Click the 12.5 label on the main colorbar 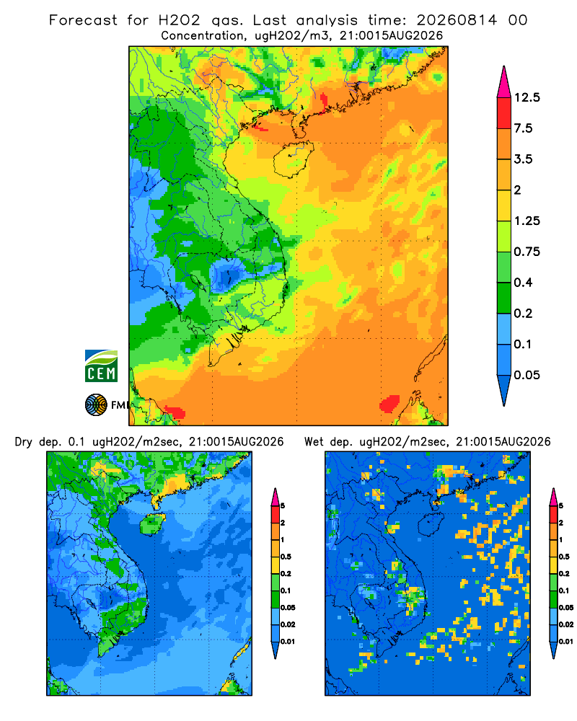(527, 97)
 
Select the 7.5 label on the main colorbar (523, 128)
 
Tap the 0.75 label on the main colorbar (527, 252)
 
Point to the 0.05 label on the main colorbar (527, 375)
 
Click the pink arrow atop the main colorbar (504, 81)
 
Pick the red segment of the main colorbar (504, 113)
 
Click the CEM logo (101, 366)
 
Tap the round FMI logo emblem (96, 405)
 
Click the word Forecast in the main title (83, 20)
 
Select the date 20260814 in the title (457, 20)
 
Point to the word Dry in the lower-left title (24, 442)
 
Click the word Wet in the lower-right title (314, 442)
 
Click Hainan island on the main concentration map (293, 159)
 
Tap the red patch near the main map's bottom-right (389, 404)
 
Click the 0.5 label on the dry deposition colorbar (286, 557)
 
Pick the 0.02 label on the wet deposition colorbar (566, 624)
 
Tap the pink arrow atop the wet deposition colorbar (553, 497)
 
